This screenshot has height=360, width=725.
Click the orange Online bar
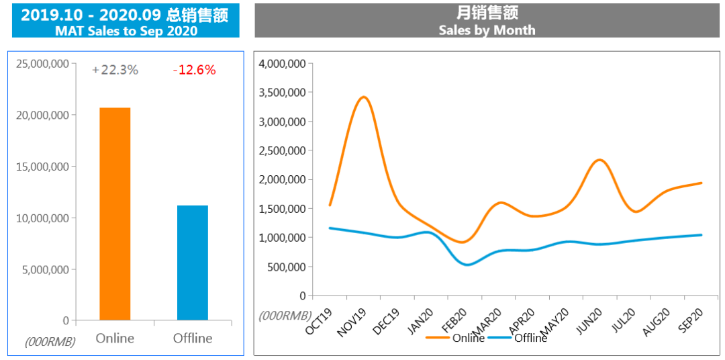point(115,214)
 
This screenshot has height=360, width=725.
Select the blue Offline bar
point(193,263)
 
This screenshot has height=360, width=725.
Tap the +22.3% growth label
point(115,70)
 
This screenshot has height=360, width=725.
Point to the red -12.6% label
point(194,70)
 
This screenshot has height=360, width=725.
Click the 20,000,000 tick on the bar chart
point(42,115)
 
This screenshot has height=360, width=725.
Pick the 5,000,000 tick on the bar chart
point(45,269)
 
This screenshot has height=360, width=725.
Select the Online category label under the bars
point(115,338)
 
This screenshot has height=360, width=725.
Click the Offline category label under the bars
point(193,338)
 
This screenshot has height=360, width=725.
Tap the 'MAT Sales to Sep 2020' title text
point(126,31)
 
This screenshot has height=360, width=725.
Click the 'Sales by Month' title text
point(487,30)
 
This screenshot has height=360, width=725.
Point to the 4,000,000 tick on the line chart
point(282,64)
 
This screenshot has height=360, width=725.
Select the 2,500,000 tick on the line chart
point(282,150)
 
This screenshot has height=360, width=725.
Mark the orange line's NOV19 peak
point(363,97)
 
